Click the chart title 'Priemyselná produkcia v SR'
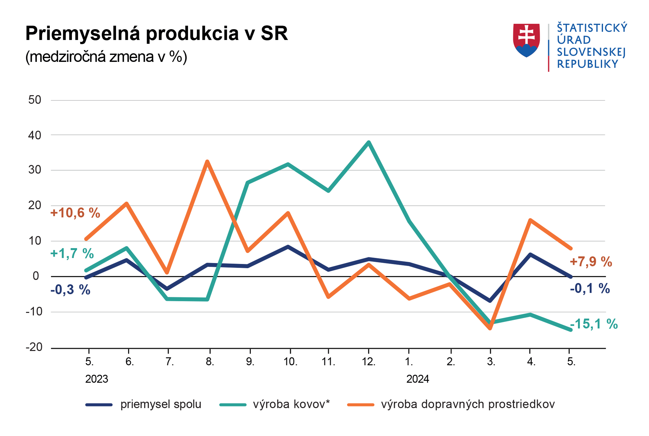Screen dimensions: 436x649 coord(157,33)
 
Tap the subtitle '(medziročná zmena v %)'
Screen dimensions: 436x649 coord(106,57)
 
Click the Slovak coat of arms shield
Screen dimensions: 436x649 coord(526,40)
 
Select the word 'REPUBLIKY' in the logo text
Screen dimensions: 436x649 coord(588,64)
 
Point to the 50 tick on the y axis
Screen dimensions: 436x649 coord(35,100)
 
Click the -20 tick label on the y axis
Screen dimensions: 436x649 coord(34,347)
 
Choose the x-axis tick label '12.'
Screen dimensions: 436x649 coord(369,361)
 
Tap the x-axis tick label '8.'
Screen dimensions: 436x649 coord(209,361)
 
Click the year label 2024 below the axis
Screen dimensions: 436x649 coord(418,379)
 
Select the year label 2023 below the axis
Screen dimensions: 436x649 coord(97,379)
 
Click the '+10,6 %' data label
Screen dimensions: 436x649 coord(75,213)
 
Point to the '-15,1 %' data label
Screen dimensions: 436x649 coord(594,324)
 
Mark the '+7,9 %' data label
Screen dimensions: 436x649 coord(591,262)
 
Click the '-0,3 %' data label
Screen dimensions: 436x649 coord(70,290)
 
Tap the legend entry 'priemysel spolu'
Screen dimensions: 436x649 coord(161,404)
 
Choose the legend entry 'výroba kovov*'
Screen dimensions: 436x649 coord(291,404)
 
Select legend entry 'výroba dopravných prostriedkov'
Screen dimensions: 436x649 coord(468,404)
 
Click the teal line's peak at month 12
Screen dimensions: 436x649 coord(369,142)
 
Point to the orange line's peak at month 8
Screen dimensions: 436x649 coord(207,161)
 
